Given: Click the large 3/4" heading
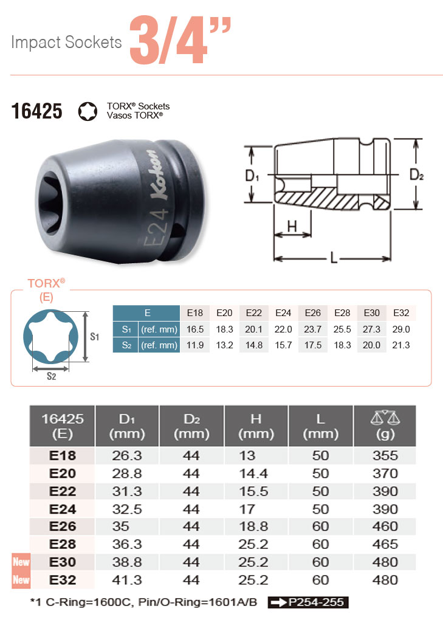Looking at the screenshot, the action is [180, 40].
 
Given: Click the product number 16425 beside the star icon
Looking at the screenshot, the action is [36, 111].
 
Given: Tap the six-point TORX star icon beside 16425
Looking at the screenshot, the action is [88, 111].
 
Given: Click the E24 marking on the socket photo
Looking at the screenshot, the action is [156, 227].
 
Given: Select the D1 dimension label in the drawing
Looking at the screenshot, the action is [252, 176].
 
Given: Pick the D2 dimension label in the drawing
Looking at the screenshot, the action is [416, 174].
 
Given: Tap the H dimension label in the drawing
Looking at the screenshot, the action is [292, 227].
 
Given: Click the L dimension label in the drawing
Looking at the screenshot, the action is [334, 258].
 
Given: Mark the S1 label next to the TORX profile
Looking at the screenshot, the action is [94, 337].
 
